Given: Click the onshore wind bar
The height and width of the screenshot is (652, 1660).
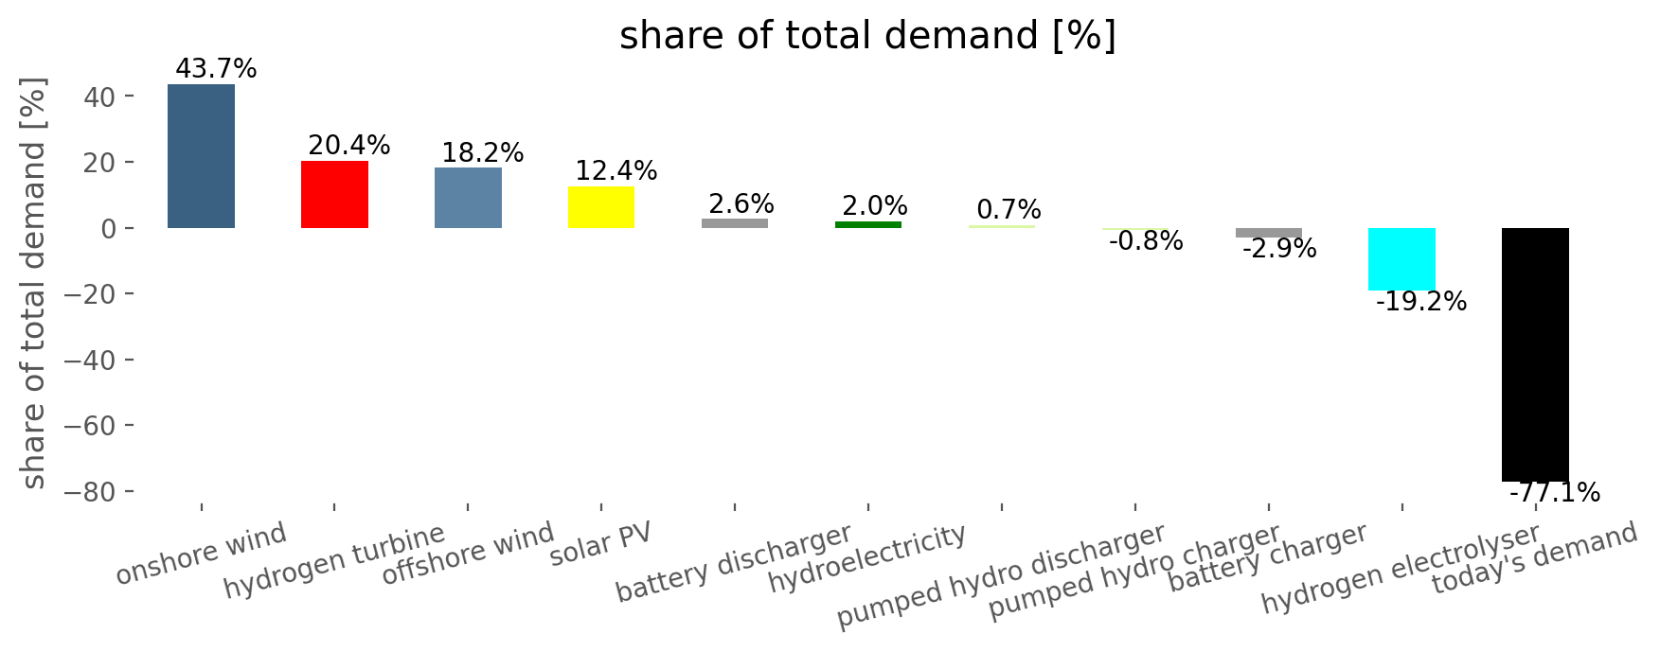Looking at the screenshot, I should point(201,156).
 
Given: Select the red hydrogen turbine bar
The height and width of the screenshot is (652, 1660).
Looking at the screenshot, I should point(334,194).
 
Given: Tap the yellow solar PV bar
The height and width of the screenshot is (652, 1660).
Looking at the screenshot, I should point(601,207).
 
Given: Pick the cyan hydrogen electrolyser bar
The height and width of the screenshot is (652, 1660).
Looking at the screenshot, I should point(1401,258).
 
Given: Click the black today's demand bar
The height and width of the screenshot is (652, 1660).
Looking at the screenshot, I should point(1535,355).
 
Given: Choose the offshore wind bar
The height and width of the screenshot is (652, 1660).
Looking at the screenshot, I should point(468,198).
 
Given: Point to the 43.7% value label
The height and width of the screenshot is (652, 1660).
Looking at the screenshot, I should point(216,69).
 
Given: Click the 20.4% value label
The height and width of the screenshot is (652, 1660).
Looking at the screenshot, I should point(349,146).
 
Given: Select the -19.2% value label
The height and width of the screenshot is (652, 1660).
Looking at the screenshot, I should point(1421,303).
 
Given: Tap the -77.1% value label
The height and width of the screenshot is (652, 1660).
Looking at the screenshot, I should point(1555,493).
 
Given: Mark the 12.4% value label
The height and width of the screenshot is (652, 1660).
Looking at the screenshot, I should point(616,171).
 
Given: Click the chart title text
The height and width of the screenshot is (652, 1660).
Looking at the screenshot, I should point(867,36).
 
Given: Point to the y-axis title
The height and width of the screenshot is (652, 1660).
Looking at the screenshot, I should point(34,284).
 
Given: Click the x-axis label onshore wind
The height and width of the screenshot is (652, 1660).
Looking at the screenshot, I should point(201,555).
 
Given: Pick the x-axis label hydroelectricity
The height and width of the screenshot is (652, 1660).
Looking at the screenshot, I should point(867,559).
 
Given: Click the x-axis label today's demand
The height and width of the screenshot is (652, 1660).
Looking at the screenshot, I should point(1534,559).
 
